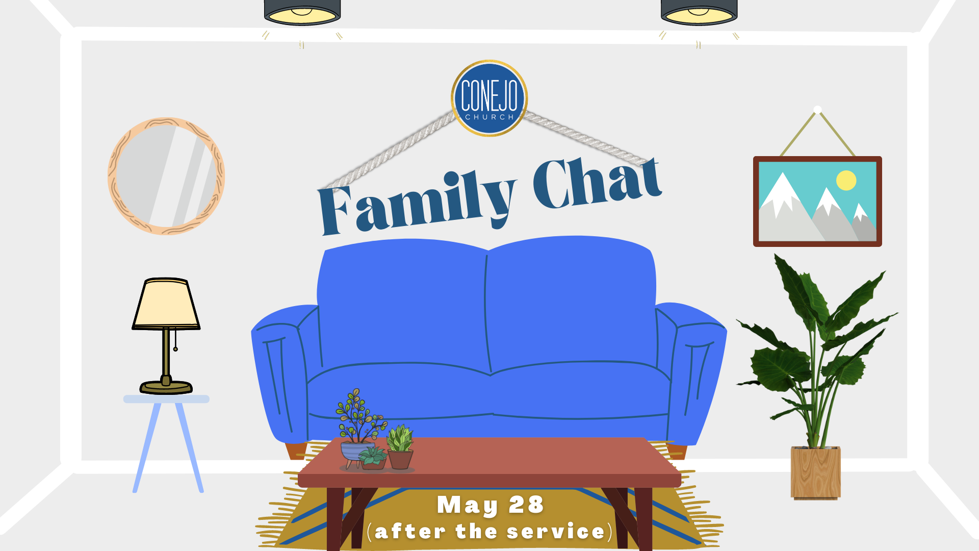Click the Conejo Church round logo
point(489,98)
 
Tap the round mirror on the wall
point(166,176)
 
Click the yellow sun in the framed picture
point(846,180)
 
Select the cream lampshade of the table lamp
point(166,304)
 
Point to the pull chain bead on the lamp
point(175,349)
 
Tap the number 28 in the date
point(526,505)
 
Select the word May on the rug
point(468,506)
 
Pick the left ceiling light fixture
point(302,13)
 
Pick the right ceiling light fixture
point(699,13)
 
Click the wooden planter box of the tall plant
point(815,473)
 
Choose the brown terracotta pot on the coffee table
point(401,459)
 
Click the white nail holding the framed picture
point(817,110)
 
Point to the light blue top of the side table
point(166,399)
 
